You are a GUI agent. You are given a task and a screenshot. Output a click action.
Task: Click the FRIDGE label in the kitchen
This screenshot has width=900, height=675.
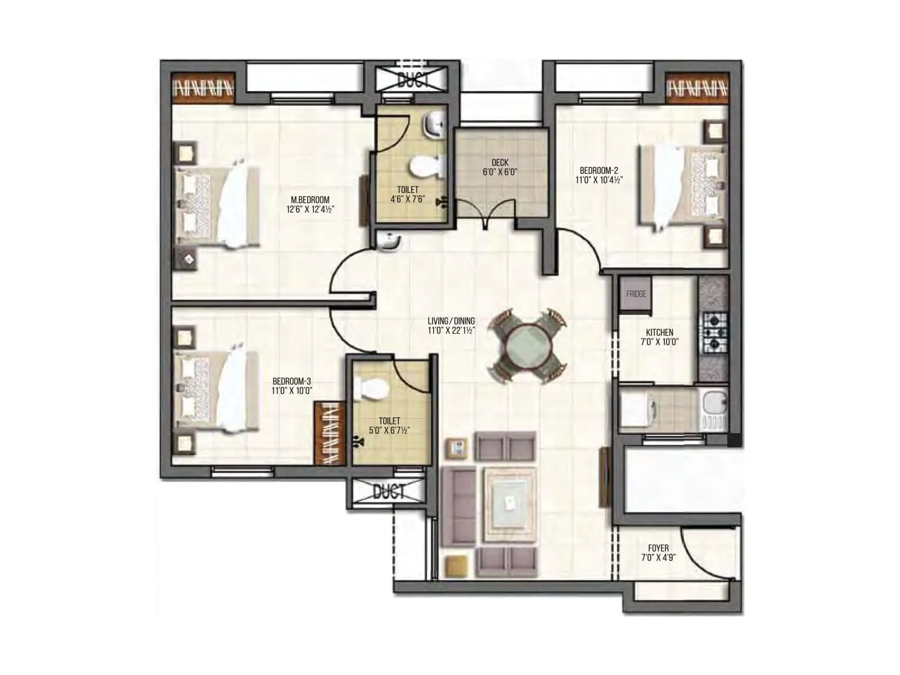point(636,294)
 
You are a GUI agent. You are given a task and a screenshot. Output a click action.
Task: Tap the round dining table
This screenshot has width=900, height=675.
point(526,346)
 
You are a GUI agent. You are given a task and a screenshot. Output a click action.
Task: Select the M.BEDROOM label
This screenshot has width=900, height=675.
point(310,200)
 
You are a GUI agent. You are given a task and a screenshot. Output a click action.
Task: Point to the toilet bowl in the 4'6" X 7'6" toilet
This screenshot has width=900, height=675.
point(426,166)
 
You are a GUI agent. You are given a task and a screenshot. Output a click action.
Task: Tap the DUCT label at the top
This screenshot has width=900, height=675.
point(413,80)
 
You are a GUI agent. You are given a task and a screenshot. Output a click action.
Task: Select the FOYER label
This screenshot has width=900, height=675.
point(658,548)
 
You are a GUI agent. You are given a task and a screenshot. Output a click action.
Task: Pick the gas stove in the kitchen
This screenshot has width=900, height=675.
point(713,332)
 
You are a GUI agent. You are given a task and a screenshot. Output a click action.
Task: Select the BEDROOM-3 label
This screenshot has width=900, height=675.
point(291,380)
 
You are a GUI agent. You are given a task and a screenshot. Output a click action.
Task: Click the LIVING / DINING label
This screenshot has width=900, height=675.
point(451,321)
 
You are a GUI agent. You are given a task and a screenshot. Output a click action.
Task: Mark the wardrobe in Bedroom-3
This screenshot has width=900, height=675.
point(329,433)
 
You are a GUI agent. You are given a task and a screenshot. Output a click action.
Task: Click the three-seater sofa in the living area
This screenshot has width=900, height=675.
point(457,506)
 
